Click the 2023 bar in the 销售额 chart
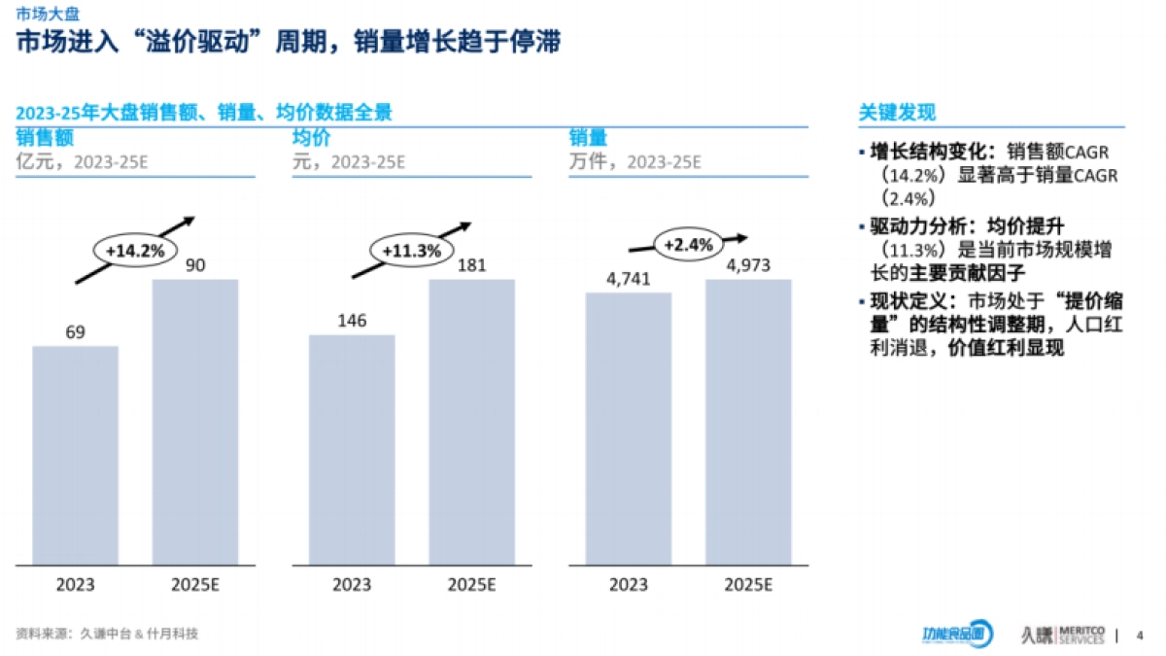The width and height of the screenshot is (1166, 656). click(x=76, y=455)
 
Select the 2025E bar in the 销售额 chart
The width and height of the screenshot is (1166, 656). click(x=195, y=422)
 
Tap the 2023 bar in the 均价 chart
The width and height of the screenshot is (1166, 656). click(x=352, y=450)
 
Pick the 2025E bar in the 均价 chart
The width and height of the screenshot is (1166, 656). click(x=472, y=422)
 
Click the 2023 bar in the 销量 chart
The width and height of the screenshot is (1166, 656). click(x=628, y=429)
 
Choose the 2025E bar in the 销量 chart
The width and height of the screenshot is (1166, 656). click(x=748, y=422)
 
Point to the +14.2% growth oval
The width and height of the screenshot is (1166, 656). click(x=135, y=251)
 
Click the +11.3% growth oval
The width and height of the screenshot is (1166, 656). click(x=411, y=251)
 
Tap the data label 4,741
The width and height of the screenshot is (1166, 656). click(x=628, y=279)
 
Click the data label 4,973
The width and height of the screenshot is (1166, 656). click(x=748, y=265)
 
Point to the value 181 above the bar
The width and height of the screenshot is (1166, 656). click(x=472, y=265)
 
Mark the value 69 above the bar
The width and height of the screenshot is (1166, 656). click(x=76, y=332)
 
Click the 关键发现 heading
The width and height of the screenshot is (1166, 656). click(x=897, y=113)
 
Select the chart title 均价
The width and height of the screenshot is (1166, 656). click(x=312, y=137)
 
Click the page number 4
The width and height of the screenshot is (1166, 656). click(x=1140, y=636)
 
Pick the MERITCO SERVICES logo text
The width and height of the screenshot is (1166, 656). click(x=1080, y=635)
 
